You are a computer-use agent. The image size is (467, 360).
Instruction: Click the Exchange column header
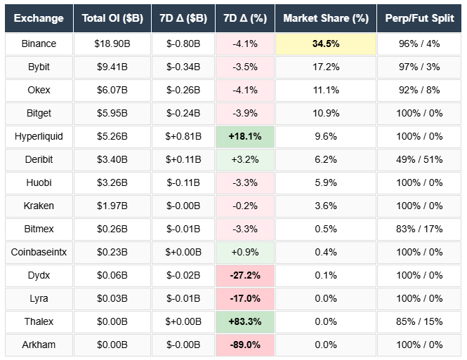coord(39,18)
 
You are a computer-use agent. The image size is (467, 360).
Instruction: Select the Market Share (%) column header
coord(325,18)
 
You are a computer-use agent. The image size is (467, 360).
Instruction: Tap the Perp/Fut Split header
coord(419,18)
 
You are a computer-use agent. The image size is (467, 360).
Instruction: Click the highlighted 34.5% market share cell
coord(325,44)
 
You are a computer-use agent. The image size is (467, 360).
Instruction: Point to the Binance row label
coord(39,44)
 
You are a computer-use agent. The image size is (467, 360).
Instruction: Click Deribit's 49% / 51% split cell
coord(419,159)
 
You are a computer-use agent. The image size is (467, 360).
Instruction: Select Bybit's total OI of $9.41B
coord(112,67)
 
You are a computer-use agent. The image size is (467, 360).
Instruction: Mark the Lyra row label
coord(39,298)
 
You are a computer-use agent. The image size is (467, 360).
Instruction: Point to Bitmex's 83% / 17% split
coord(419,229)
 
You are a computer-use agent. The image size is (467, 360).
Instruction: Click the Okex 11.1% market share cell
coord(325,90)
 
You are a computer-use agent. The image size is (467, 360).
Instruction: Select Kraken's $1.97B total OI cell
coord(112,206)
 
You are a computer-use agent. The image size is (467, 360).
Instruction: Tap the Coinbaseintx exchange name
coord(39,252)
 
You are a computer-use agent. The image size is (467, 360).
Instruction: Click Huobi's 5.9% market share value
coord(325,182)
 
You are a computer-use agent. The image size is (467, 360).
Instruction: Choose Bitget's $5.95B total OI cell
coord(112,113)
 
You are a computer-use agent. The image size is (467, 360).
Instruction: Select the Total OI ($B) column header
coord(112,18)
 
